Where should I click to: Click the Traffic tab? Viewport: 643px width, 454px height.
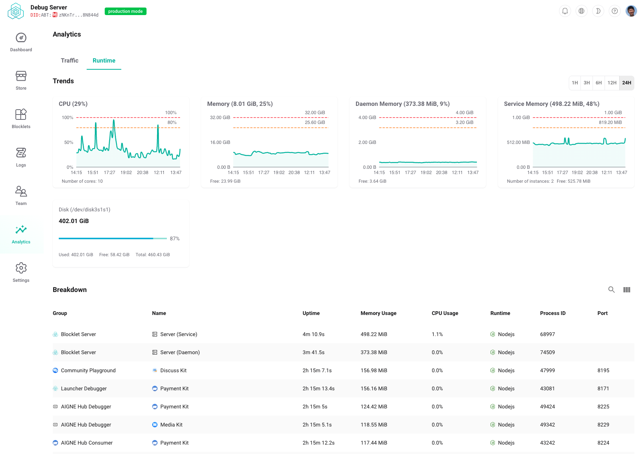tap(70, 61)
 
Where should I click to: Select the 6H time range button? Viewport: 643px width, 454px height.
tap(599, 83)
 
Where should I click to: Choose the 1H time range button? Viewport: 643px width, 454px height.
tap(574, 83)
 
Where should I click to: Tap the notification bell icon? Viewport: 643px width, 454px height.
tap(565, 11)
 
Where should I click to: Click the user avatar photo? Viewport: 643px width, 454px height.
tap(631, 11)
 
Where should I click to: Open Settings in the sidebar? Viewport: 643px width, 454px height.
tap(21, 272)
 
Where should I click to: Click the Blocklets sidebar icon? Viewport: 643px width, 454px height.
tap(21, 115)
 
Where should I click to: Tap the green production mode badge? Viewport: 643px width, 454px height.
tap(125, 11)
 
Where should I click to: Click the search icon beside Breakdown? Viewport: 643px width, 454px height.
tap(611, 289)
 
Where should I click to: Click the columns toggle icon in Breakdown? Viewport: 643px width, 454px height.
tap(626, 289)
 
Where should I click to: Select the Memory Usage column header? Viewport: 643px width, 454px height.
tap(378, 313)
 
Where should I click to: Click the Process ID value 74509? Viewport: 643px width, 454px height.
tap(547, 352)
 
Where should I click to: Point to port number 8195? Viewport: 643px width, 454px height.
tap(603, 370)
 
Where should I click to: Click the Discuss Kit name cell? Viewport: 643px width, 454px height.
tap(173, 370)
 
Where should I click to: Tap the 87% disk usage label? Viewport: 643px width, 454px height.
tap(174, 238)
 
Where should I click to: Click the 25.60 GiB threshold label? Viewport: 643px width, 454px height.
tap(315, 122)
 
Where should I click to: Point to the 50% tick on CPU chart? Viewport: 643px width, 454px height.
tap(69, 142)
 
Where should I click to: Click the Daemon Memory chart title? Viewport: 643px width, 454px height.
tap(402, 104)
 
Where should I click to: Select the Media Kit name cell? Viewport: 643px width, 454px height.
tap(171, 425)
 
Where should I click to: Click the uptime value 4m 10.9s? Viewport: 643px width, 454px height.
tap(313, 334)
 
